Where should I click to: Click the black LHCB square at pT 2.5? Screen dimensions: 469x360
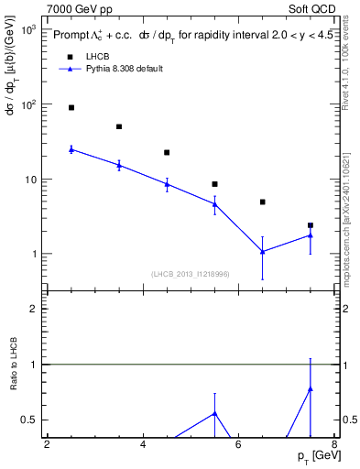click(x=71, y=108)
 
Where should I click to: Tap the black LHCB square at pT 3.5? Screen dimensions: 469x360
click(x=119, y=126)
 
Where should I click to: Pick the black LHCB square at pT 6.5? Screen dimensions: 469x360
click(x=263, y=202)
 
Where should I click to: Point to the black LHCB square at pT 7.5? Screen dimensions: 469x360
click(x=311, y=225)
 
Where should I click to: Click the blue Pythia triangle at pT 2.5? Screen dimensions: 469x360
click(x=71, y=149)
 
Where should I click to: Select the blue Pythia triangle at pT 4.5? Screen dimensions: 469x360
click(x=167, y=184)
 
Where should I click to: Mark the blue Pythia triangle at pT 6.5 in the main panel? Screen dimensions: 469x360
click(x=263, y=251)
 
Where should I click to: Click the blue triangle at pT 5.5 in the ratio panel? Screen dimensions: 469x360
click(x=215, y=413)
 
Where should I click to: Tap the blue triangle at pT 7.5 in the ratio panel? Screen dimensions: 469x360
click(x=311, y=388)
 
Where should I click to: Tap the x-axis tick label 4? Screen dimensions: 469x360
click(x=143, y=445)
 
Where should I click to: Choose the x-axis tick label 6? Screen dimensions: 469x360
click(x=239, y=445)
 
